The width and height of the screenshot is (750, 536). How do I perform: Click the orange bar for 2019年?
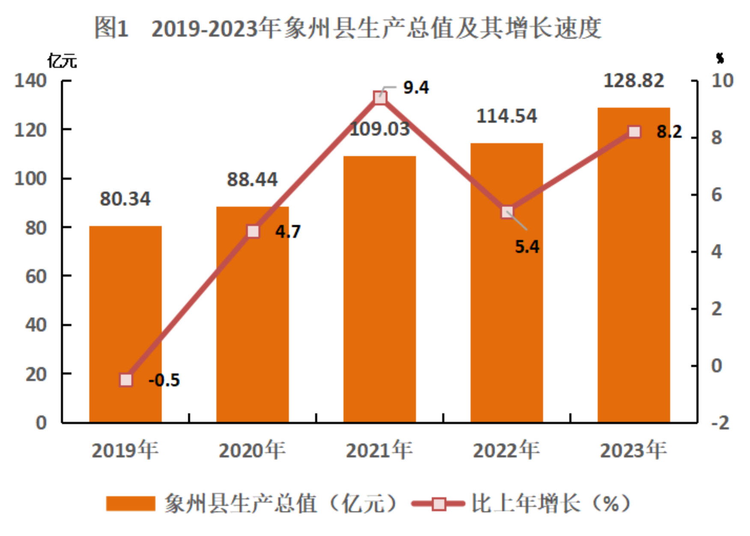tap(125, 324)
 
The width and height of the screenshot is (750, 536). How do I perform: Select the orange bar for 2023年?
tap(634, 265)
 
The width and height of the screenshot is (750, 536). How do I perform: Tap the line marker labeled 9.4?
tap(380, 98)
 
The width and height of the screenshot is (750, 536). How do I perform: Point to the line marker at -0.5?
tap(126, 380)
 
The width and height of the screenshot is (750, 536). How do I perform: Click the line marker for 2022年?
tap(507, 212)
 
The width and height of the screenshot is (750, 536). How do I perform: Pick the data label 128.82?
tap(634, 81)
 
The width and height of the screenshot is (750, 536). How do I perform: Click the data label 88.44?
tap(252, 180)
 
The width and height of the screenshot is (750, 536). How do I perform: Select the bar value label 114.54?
tap(506, 116)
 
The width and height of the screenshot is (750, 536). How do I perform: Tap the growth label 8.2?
tap(669, 132)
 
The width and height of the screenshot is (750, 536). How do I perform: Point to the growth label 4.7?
tap(288, 232)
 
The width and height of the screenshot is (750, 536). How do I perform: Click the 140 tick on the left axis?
tap(30, 80)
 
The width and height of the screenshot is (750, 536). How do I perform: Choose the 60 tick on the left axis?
tap(36, 277)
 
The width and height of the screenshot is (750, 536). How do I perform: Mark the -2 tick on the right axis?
tap(720, 423)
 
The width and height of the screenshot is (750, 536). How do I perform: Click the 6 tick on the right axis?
tap(717, 195)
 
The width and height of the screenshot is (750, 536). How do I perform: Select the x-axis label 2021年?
tap(379, 450)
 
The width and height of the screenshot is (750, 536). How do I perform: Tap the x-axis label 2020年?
tap(252, 450)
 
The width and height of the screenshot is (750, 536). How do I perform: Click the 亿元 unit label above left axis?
tap(62, 61)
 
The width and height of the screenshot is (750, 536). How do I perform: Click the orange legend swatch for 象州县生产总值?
tap(131, 503)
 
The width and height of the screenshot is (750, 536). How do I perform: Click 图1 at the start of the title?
tap(111, 28)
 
